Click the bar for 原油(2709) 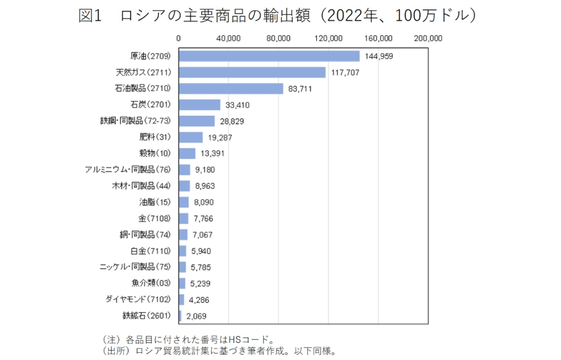pyautogui.click(x=269, y=56)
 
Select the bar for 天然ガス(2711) pyautogui.click(x=252, y=72)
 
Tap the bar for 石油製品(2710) pyautogui.click(x=231, y=88)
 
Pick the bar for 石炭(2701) pyautogui.click(x=200, y=105)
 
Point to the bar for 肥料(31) pyautogui.click(x=191, y=137)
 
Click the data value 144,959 pyautogui.click(x=378, y=57)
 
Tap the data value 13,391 pyautogui.click(x=212, y=154)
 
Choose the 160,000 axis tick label pyautogui.click(x=378, y=38)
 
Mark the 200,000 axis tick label pyautogui.click(x=428, y=38)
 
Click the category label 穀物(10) pyautogui.click(x=156, y=153)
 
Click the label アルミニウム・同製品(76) pyautogui.click(x=129, y=170)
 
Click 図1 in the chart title pyautogui.click(x=91, y=16)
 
